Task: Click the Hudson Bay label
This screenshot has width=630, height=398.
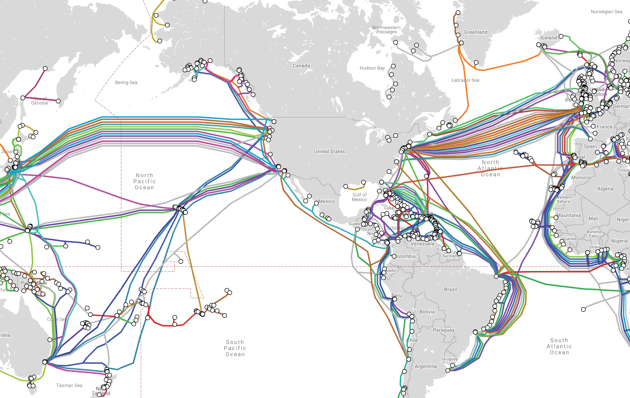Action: coord(372,68)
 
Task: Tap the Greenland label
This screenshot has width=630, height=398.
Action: coord(476,32)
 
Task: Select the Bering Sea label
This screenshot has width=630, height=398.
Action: coord(126,82)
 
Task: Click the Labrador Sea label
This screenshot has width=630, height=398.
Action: coord(465,80)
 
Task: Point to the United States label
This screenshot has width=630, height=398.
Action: coord(329,151)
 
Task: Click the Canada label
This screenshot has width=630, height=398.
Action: coord(301,66)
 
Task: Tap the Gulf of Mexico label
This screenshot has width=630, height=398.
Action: coord(359,197)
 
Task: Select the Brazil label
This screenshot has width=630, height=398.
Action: coord(451,289)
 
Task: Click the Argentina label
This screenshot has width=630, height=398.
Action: coord(425,366)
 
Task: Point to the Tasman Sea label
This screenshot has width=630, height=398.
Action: coord(69,385)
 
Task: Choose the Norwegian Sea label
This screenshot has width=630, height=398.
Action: coord(606,12)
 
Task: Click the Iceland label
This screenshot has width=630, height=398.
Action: coord(549,38)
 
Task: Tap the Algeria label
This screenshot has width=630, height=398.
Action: coord(606,189)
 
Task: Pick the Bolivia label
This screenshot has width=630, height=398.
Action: coord(427,312)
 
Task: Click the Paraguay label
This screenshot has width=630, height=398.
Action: coord(443,330)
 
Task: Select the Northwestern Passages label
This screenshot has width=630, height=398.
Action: coord(386,30)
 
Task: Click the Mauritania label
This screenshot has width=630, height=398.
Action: coord(568,215)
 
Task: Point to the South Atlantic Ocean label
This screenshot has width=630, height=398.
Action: coord(559,346)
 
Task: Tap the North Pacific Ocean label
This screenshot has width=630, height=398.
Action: coord(144,181)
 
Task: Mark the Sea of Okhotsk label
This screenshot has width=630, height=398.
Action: coord(40,101)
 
